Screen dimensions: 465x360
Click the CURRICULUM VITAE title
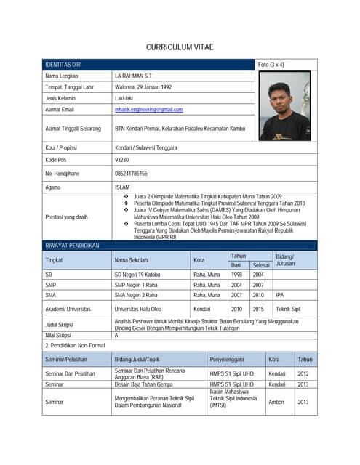(180, 47)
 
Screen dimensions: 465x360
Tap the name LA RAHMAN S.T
(132, 76)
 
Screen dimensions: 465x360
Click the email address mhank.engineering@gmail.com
(149, 110)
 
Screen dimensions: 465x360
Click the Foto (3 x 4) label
(271, 65)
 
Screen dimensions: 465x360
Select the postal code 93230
(122, 159)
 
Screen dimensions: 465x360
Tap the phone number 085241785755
(131, 174)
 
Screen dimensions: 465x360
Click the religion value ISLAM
(122, 187)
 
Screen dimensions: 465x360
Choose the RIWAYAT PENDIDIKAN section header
(72, 246)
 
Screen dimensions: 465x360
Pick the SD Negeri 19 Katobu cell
(139, 275)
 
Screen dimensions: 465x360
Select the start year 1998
(237, 275)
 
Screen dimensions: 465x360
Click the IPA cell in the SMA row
(281, 296)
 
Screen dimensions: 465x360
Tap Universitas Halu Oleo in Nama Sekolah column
(138, 309)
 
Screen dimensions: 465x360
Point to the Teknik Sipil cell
(288, 309)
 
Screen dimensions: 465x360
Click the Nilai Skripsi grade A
(116, 336)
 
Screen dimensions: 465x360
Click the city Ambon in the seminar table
(276, 402)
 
